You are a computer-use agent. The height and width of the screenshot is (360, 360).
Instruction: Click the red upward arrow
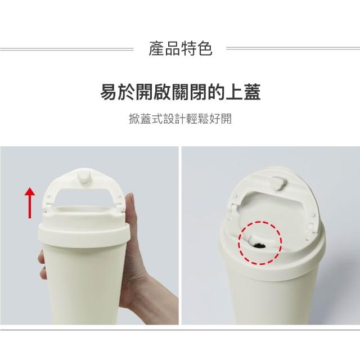pyautogui.click(x=30, y=203)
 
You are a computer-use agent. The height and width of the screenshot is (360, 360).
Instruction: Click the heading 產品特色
pyautogui.click(x=180, y=49)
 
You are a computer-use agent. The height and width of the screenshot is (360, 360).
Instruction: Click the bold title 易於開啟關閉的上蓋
pyautogui.click(x=180, y=92)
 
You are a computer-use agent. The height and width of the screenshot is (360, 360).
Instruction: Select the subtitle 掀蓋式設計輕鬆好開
pyautogui.click(x=180, y=119)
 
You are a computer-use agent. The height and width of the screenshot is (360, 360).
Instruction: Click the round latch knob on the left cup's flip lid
pyautogui.click(x=84, y=177)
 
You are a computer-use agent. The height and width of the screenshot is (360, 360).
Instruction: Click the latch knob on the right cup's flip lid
pyautogui.click(x=278, y=183)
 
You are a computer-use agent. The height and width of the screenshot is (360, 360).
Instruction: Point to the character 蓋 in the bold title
pyautogui.click(x=252, y=92)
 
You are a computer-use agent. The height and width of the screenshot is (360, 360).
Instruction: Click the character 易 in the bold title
pyautogui.click(x=109, y=92)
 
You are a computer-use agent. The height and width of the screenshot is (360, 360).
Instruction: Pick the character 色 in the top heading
pyautogui.click(x=205, y=49)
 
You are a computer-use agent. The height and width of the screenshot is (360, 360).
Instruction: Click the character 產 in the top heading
pyautogui.click(x=156, y=49)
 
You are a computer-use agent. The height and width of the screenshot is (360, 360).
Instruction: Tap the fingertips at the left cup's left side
pyautogui.click(x=42, y=264)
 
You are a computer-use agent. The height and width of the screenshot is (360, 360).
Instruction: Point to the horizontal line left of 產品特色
pyautogui.click(x=66, y=49)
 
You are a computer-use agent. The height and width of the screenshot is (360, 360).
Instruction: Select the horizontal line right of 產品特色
pyautogui.click(x=293, y=48)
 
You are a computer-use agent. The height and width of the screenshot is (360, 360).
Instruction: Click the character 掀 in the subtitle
pyautogui.click(x=134, y=119)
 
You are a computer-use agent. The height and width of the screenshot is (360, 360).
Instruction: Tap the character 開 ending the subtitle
pyautogui.click(x=226, y=119)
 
